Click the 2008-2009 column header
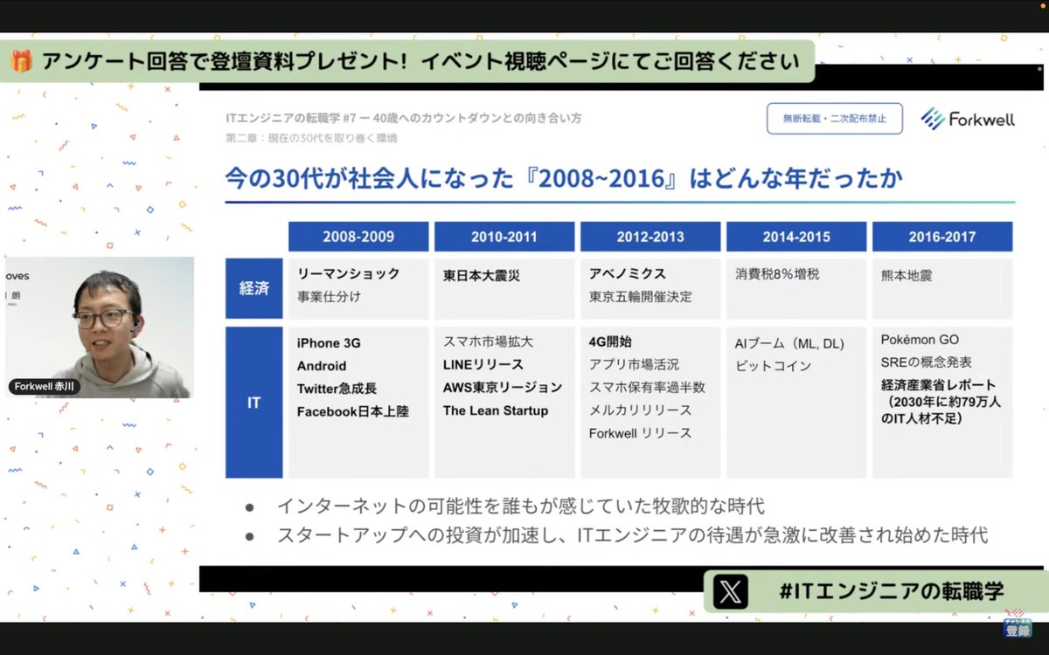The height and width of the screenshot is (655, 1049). (x=358, y=237)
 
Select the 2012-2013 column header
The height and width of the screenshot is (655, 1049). (x=650, y=237)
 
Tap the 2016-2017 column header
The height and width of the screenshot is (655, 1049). (x=941, y=237)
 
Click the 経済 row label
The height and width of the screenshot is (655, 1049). (x=254, y=288)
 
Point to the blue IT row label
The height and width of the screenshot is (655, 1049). (x=254, y=403)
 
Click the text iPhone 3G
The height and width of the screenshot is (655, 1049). (x=329, y=343)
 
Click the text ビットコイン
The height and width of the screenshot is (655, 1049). (x=772, y=366)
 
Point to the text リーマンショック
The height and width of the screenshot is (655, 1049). (x=349, y=273)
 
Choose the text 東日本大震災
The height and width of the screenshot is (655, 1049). (x=482, y=275)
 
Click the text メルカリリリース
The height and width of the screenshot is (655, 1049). (x=640, y=410)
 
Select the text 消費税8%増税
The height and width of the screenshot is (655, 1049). (x=777, y=274)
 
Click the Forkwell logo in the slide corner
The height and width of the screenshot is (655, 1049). (x=968, y=120)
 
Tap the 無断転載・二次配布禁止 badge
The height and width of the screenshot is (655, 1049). (x=834, y=119)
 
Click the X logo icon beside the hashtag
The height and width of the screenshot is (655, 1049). (x=731, y=592)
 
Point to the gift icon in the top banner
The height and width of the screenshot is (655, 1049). (x=23, y=61)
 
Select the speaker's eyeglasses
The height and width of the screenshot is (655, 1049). (x=102, y=318)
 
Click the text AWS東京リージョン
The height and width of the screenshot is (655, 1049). (x=503, y=387)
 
